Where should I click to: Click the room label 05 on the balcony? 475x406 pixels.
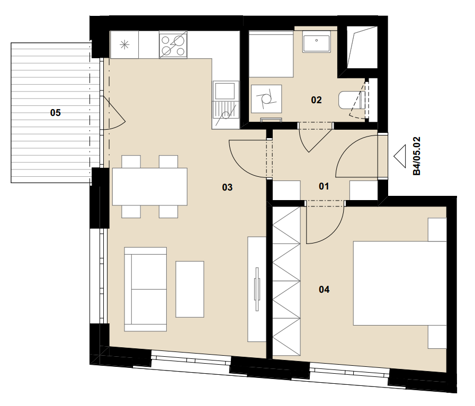tap(56, 113)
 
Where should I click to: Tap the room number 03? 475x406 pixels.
tap(227, 187)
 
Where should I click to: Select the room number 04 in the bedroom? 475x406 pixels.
tap(324, 290)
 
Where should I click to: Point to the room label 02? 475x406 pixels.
tap(316, 100)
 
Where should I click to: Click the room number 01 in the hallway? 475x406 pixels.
tap(324, 186)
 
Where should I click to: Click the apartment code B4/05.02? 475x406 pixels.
tap(417, 156)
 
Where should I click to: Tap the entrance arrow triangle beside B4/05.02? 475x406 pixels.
tap(400, 156)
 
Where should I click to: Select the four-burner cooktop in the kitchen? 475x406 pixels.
tap(173, 45)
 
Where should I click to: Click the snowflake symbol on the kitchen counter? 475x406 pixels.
tap(124, 45)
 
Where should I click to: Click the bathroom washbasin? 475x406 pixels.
tap(316, 43)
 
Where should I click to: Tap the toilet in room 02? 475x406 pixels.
tap(351, 100)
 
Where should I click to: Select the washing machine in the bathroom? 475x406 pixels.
tap(266, 99)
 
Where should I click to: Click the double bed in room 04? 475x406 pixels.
tap(400, 283)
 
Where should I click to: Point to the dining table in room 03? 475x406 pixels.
tap(150, 186)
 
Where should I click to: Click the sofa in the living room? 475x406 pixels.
tap(146, 289)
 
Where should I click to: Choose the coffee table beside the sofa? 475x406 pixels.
tap(190, 289)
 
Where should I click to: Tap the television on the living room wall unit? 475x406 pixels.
tap(257, 289)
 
